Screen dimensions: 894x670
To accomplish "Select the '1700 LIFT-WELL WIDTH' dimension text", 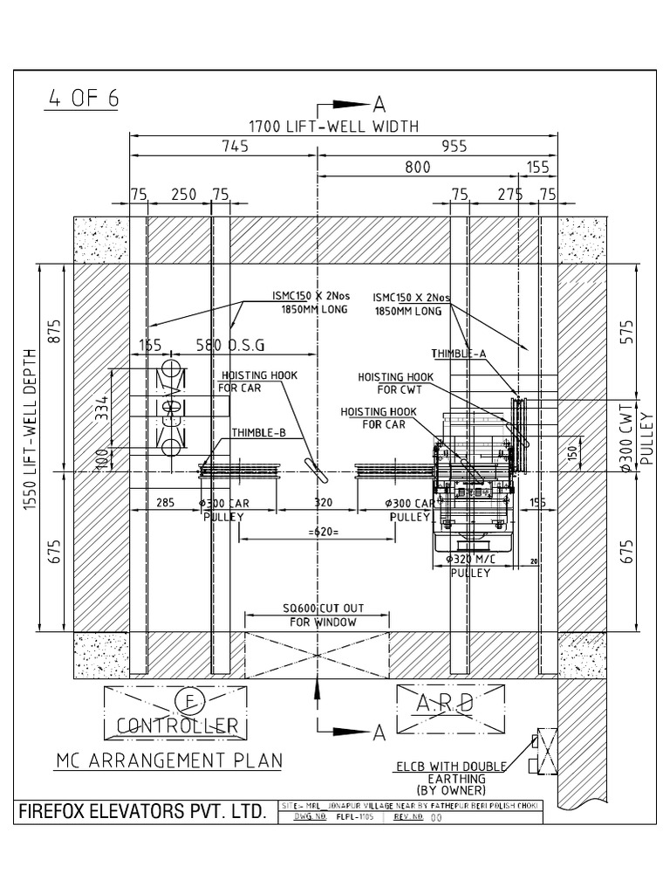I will pyautogui.click(x=334, y=127).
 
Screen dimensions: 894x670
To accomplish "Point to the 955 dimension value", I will pyautogui.click(x=455, y=147).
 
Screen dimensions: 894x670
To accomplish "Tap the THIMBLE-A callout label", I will pyautogui.click(x=460, y=354).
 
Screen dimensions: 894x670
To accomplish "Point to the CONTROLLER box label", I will pyautogui.click(x=178, y=725).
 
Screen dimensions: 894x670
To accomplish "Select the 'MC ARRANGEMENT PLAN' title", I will pyautogui.click(x=169, y=760).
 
